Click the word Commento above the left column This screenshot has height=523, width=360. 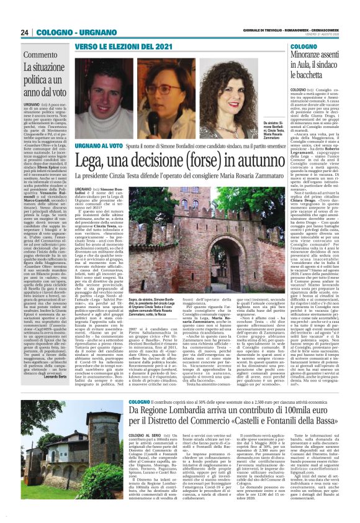40,55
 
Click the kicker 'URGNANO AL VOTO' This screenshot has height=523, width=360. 100,146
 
